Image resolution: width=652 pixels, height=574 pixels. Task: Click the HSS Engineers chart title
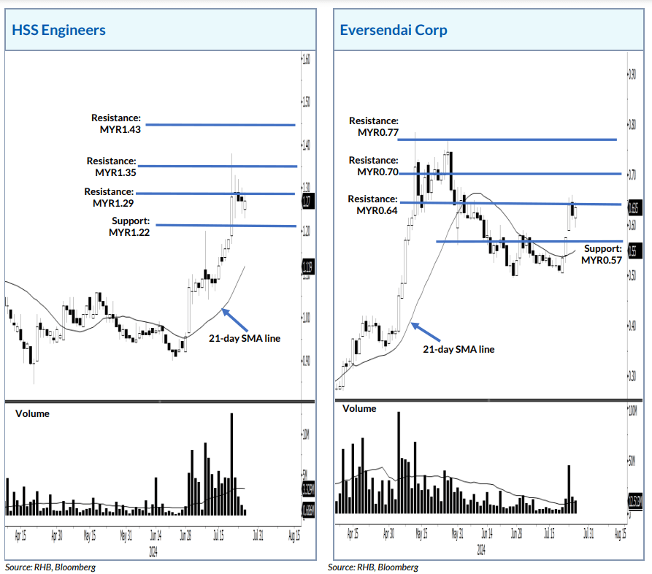(59, 30)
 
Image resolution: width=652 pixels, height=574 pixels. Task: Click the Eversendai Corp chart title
(394, 30)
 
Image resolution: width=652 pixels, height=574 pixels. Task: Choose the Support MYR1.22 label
(130, 226)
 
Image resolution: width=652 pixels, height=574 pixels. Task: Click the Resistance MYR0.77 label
(374, 126)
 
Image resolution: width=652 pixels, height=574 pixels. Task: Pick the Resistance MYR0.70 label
(374, 166)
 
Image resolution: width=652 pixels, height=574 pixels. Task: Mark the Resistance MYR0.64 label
(373, 204)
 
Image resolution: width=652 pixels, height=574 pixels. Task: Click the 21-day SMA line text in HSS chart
(245, 338)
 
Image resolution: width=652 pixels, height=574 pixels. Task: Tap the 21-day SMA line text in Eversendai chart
(459, 349)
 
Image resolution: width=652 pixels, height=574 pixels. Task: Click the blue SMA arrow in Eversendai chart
(426, 332)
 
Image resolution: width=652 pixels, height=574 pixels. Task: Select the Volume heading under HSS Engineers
(32, 413)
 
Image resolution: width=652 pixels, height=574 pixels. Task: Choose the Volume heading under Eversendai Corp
(359, 408)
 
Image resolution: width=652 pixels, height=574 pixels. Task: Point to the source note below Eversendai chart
(373, 567)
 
